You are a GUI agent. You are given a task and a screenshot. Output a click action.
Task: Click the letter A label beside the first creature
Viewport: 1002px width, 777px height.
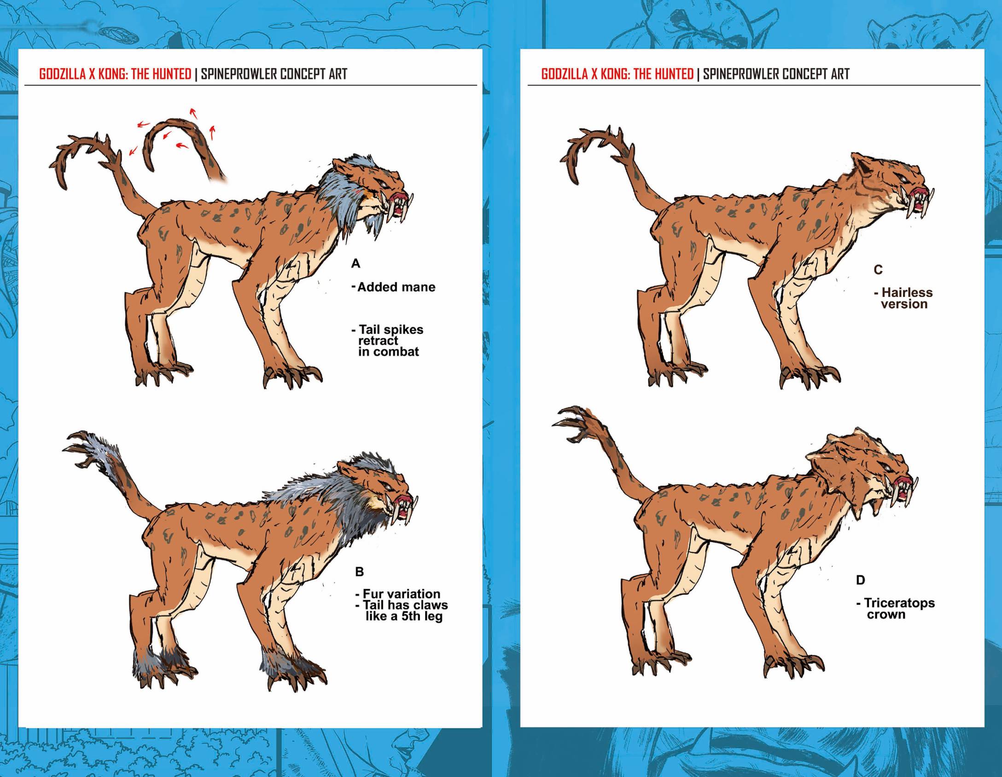[x=355, y=264]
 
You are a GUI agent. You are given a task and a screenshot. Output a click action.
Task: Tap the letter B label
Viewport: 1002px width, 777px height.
[x=360, y=572]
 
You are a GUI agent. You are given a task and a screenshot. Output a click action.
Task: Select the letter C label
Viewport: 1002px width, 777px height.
[x=878, y=270]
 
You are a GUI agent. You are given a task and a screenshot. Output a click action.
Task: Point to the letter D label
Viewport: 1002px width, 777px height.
[x=860, y=580]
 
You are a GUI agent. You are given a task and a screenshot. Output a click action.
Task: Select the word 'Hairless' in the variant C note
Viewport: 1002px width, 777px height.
[x=907, y=292]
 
